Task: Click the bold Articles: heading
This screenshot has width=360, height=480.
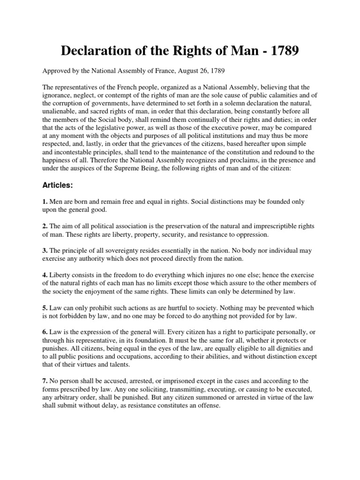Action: pyautogui.click(x=58, y=186)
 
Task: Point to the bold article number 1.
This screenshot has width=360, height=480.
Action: pyautogui.click(x=45, y=202)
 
